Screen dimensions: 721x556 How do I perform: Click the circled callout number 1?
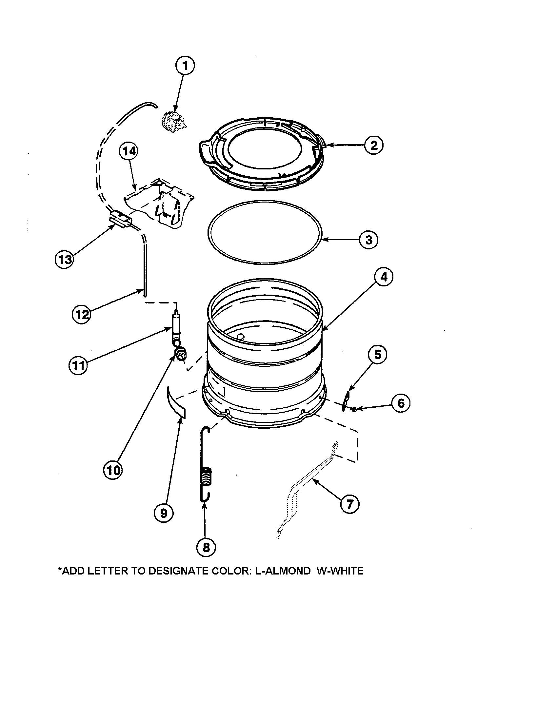pos(185,66)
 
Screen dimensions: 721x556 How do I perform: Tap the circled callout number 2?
pos(374,145)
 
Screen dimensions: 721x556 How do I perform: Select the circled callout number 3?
pos(368,240)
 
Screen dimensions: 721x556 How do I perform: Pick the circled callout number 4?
pos(384,277)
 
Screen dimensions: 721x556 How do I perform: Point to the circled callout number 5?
pos(378,355)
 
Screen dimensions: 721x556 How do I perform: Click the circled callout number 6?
pos(401,403)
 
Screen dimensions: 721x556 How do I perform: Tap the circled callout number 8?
pos(206,548)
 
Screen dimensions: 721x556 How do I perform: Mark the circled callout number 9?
pos(164,513)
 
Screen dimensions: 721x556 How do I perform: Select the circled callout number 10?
pos(113,470)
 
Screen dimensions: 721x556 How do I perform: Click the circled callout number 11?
pos(78,366)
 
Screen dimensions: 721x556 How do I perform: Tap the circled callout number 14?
pos(129,151)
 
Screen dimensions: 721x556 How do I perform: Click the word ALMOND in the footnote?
pos(287,571)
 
